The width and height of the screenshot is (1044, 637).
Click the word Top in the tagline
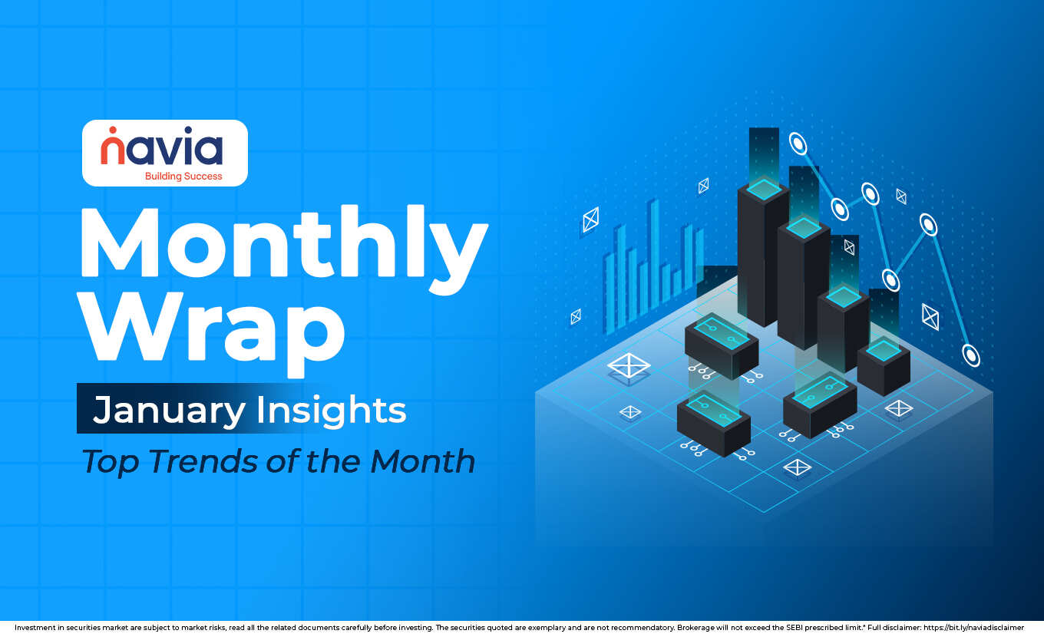tap(111, 460)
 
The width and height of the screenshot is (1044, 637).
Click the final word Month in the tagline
tap(422, 460)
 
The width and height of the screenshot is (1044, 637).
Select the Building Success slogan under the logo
tap(183, 176)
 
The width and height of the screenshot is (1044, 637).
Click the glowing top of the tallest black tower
tap(764, 188)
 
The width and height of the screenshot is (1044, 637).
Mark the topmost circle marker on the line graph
tap(798, 143)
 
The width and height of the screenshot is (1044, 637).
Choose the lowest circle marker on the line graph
tap(971, 355)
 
